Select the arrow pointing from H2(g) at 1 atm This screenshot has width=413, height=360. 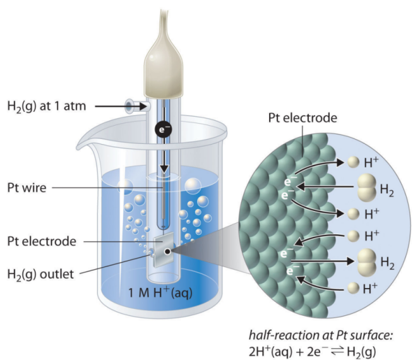111,106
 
